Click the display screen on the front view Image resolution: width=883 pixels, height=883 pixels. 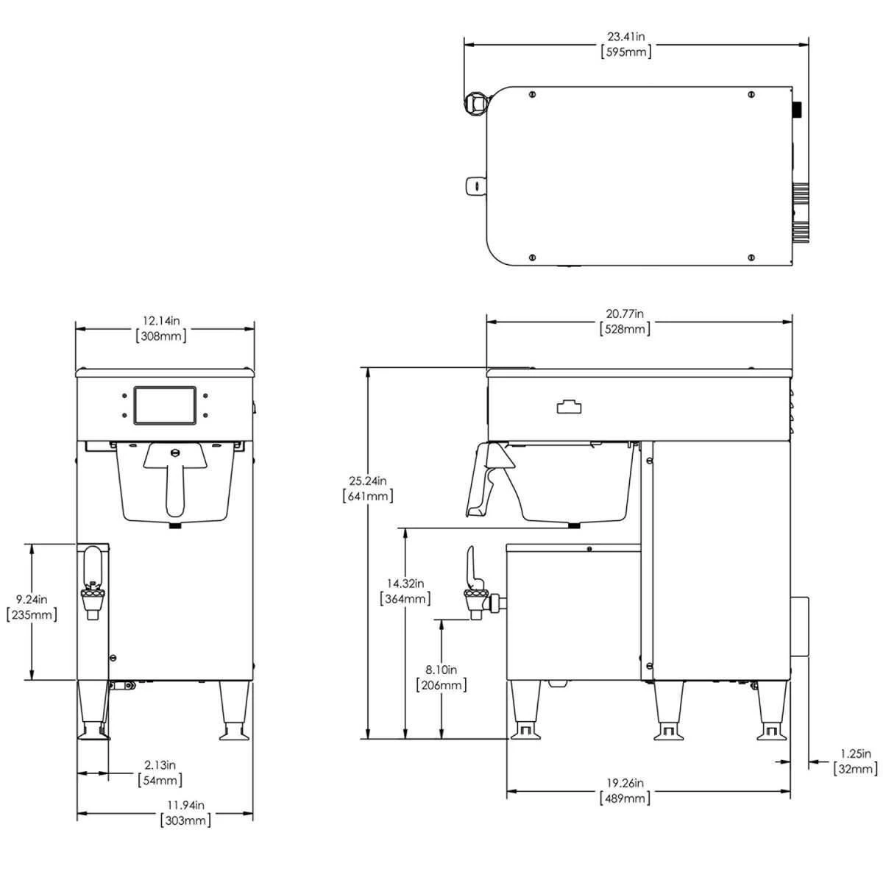[165, 405]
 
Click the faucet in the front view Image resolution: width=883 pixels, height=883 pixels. [93, 581]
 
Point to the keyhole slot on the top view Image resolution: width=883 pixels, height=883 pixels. [477, 185]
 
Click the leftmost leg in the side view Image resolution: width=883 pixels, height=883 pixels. [526, 710]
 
